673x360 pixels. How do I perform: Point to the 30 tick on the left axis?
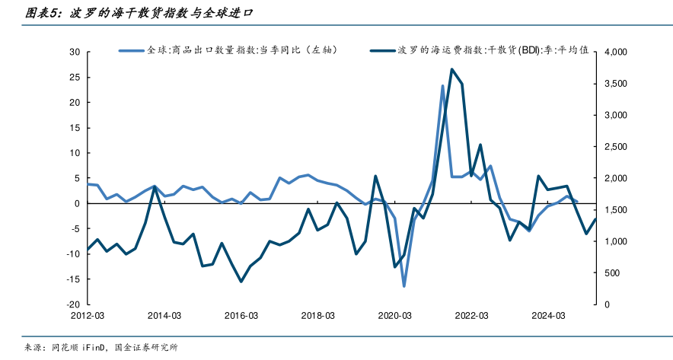click(x=75, y=53)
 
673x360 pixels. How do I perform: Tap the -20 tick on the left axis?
click(x=73, y=304)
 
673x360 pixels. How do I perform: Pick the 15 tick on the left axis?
click(x=75, y=128)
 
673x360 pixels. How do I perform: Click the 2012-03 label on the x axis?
click(x=88, y=315)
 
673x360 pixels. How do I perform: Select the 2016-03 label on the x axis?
click(x=241, y=315)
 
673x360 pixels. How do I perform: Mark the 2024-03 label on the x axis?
click(x=548, y=315)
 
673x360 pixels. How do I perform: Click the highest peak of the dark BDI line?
click(x=452, y=69)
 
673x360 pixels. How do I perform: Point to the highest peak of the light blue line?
click(x=442, y=86)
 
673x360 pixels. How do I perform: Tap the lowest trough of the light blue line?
click(x=404, y=286)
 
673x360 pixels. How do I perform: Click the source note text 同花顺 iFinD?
click(x=79, y=348)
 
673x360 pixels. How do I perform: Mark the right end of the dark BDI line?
click(x=595, y=219)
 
